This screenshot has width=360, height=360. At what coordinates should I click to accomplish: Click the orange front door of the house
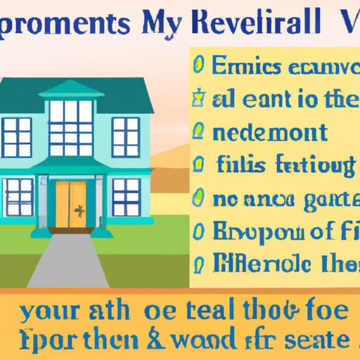point(71,203)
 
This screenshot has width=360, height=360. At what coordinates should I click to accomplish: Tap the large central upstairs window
point(70,122)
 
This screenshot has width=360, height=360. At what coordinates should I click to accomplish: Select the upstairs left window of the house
point(17,136)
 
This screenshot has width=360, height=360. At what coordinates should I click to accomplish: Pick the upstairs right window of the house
point(125,136)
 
